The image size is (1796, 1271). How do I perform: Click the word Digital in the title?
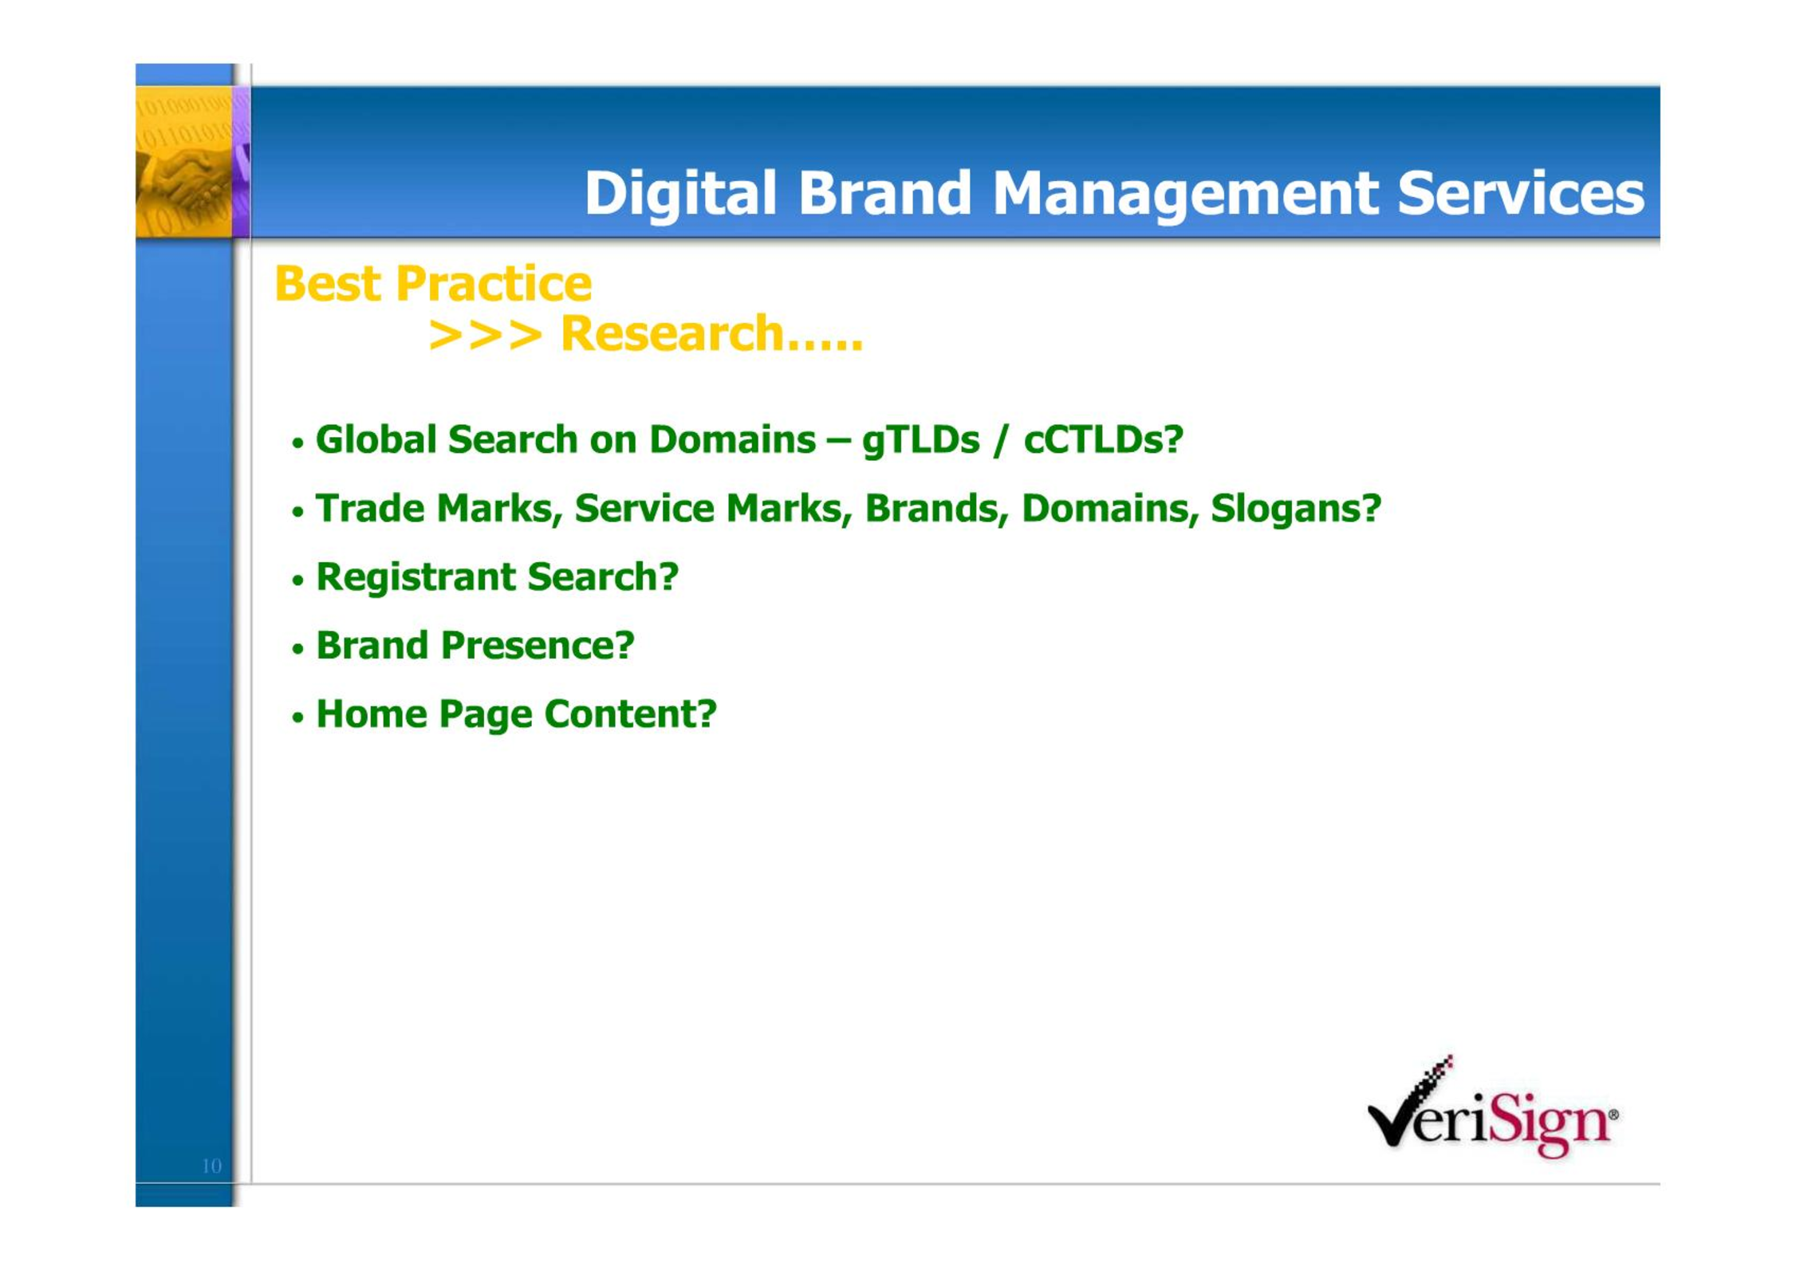tap(680, 194)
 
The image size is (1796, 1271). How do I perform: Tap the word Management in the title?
tap(1185, 194)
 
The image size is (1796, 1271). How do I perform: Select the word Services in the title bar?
tap(1520, 194)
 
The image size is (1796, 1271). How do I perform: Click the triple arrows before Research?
tap(485, 334)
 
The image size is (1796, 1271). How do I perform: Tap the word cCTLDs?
tap(1103, 439)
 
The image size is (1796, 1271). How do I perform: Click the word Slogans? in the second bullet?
tap(1295, 510)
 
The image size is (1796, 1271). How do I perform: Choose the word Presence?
tap(538, 645)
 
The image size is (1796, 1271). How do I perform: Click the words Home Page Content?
tap(517, 714)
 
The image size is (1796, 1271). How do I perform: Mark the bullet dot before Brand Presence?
tap(298, 649)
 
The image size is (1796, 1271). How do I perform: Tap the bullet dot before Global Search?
tap(298, 443)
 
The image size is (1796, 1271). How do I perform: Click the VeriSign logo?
tap(1492, 1107)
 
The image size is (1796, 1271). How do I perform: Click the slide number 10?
tap(211, 1166)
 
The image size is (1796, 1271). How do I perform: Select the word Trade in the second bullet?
tap(370, 509)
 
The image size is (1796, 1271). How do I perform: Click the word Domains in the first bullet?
tap(732, 439)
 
